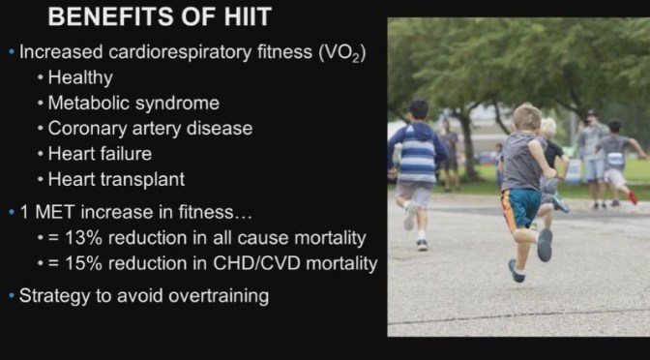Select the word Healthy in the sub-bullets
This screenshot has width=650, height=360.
(80, 77)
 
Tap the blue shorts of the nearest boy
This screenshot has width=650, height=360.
(523, 206)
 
